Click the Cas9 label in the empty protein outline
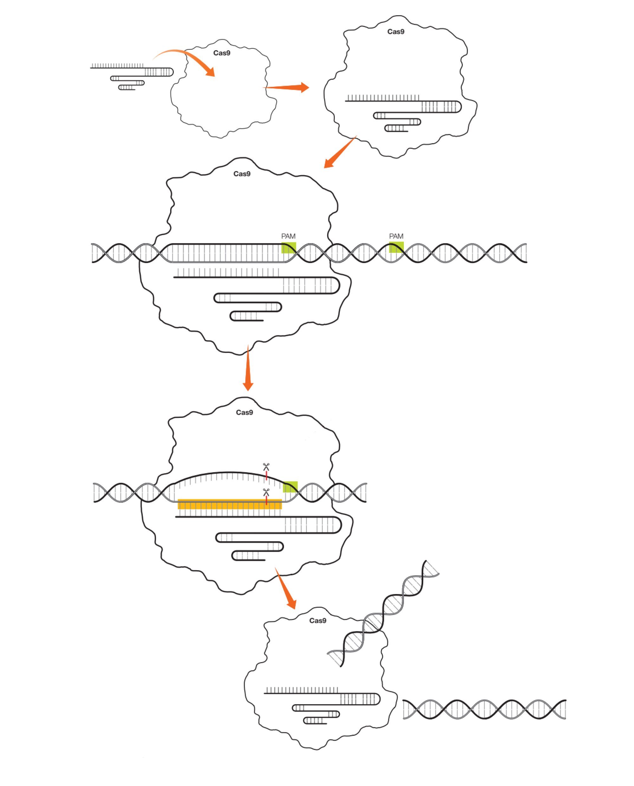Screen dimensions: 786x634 point(222,53)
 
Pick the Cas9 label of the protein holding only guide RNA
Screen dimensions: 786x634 point(396,32)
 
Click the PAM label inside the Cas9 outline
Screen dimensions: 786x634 point(288,236)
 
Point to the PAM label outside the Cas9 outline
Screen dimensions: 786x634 point(396,236)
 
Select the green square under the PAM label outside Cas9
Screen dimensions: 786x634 point(396,247)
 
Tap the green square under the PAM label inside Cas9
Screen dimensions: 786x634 point(288,247)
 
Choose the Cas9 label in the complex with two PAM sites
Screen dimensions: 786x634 point(242,174)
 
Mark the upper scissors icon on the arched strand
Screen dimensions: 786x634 point(266,467)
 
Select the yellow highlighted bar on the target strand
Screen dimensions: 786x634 point(230,504)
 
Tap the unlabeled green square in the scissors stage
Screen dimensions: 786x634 point(290,486)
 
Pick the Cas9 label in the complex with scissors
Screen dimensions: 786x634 point(244,413)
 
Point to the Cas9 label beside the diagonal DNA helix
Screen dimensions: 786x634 point(317,621)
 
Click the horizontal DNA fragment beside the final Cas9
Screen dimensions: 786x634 point(484,709)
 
